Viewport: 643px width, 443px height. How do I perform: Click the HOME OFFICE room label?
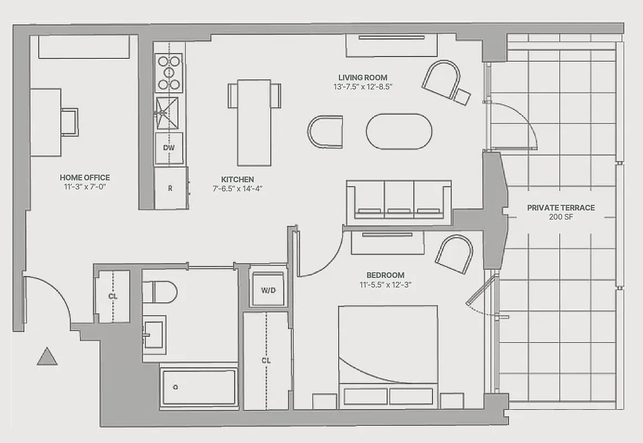click(85, 177)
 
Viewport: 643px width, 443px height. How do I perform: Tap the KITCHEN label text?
click(238, 179)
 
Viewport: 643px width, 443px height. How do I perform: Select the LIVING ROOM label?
click(363, 78)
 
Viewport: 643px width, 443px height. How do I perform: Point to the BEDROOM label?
click(385, 275)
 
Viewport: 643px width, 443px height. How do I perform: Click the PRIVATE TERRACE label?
click(560, 208)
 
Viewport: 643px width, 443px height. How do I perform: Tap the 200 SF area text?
click(560, 217)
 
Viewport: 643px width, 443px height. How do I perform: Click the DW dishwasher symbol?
click(169, 148)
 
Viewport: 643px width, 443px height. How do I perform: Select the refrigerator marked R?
click(171, 188)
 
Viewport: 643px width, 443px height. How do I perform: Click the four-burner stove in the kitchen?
click(169, 72)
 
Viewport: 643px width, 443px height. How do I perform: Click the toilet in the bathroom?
click(160, 291)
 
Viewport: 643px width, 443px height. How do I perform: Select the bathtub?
click(198, 387)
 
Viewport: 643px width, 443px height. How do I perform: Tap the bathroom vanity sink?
click(153, 334)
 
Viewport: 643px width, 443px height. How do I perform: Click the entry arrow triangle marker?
click(47, 357)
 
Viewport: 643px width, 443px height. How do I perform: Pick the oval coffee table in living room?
click(399, 131)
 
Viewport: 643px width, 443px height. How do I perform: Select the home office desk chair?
click(70, 122)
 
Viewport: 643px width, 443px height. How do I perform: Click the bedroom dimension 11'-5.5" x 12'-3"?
click(385, 285)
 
